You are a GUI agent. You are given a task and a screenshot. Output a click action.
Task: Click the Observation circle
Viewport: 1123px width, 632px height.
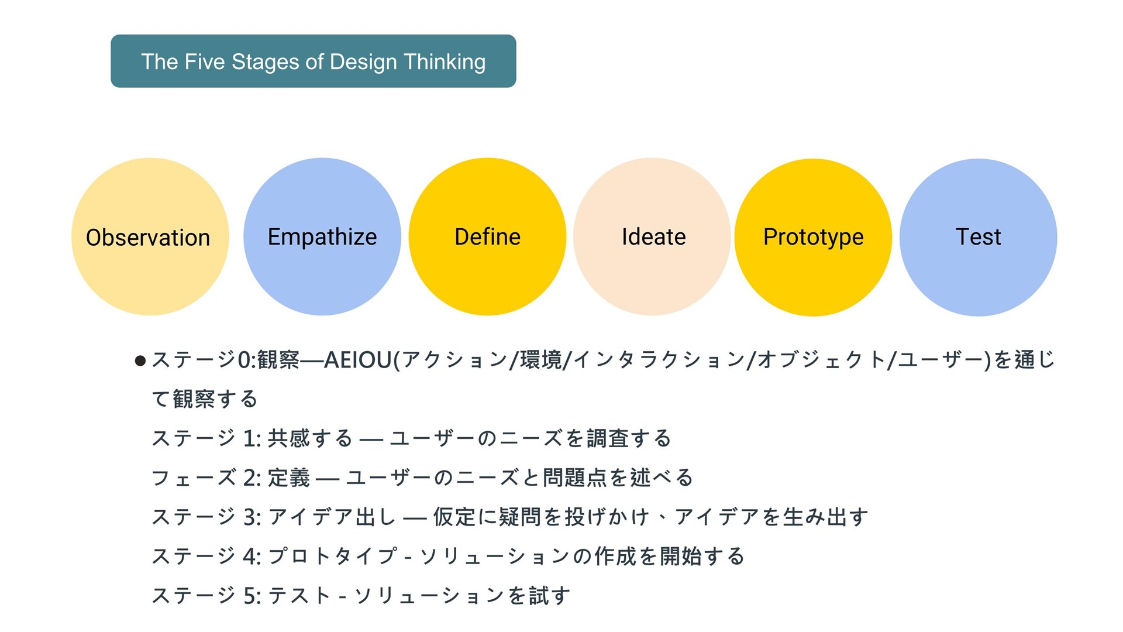150,236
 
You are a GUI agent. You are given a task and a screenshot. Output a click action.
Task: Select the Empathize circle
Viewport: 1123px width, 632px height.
322,236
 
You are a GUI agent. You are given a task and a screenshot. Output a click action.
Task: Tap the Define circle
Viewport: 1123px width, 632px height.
487,236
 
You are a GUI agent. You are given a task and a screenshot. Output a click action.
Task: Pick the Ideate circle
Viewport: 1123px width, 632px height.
652,236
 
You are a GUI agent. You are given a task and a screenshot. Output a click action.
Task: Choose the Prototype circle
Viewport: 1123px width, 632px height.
813,237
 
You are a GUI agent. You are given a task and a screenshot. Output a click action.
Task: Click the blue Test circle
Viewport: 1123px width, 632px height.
978,237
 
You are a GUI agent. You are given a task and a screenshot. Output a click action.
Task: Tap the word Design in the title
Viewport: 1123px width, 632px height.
363,62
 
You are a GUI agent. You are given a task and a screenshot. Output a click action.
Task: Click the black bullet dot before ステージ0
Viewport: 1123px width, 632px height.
140,360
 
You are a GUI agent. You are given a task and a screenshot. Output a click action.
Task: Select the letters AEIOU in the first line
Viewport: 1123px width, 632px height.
358,360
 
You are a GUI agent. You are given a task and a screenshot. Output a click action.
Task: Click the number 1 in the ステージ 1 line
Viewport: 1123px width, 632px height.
249,438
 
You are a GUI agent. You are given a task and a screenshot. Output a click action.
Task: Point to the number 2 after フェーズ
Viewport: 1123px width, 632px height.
249,478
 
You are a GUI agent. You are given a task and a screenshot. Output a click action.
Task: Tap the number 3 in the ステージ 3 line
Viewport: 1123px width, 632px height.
249,517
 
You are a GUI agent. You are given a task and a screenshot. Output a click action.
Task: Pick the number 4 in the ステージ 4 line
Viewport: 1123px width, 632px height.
249,557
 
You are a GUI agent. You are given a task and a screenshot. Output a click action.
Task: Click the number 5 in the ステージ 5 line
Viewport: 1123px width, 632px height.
249,596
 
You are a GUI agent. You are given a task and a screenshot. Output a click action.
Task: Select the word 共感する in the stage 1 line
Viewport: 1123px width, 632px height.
310,438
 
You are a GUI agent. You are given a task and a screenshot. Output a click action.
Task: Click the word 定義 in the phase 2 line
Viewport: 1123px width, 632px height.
288,478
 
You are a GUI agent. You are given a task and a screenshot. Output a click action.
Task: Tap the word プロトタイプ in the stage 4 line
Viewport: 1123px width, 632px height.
332,556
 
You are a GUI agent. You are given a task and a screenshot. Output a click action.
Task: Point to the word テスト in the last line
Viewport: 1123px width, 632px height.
299,596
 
